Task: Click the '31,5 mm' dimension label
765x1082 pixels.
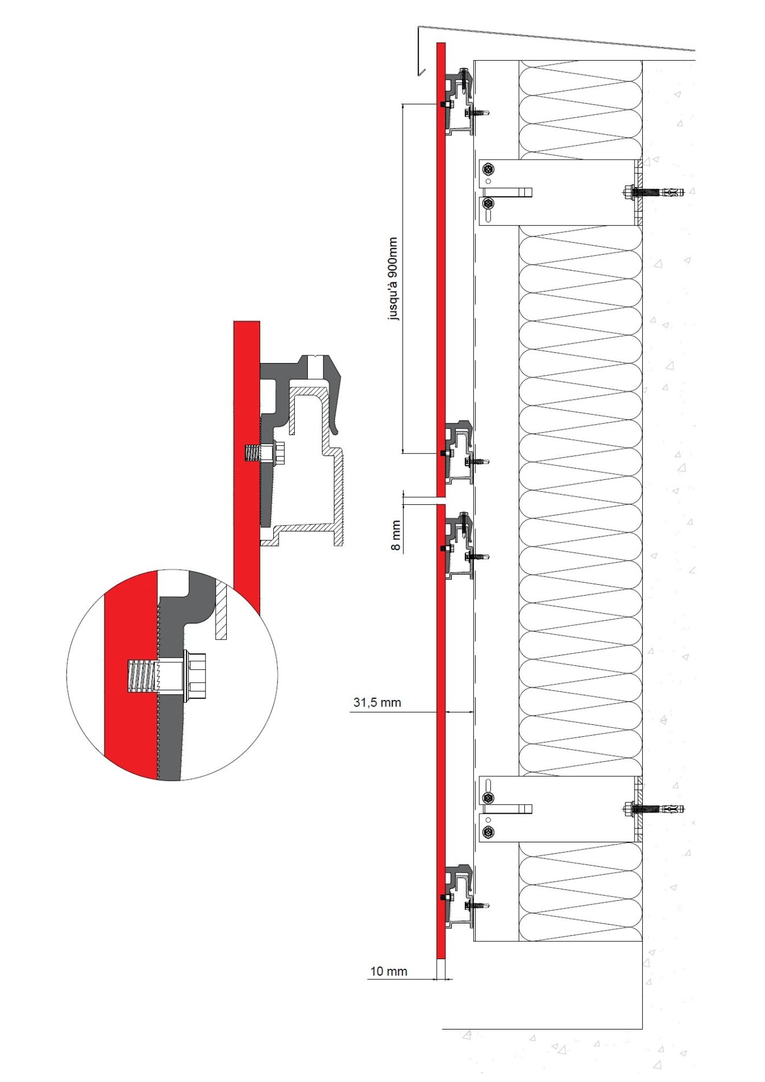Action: point(377,702)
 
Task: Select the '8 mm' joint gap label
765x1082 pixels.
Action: point(396,536)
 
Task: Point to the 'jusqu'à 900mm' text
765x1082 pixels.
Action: point(393,279)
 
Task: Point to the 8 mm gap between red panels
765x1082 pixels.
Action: point(441,501)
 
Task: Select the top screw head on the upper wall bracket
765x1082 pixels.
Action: point(489,169)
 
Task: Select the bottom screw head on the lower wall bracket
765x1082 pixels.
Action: point(489,832)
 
